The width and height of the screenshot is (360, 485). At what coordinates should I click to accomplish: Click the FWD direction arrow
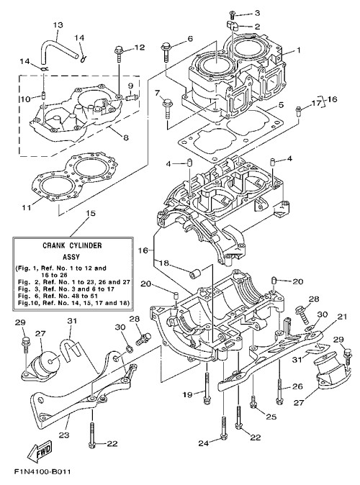(x=40, y=453)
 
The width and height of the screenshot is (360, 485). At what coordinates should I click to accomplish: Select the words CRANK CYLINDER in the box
(x=72, y=245)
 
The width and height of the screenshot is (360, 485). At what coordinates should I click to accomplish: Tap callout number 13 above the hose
(x=58, y=24)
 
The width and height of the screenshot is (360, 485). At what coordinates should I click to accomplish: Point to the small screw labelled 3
(x=232, y=14)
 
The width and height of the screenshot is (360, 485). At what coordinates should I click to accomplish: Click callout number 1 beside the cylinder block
(x=298, y=50)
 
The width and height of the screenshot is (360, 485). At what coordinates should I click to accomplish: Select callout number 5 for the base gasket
(x=281, y=105)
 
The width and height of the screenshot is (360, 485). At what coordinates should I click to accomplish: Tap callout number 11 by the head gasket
(x=27, y=207)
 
